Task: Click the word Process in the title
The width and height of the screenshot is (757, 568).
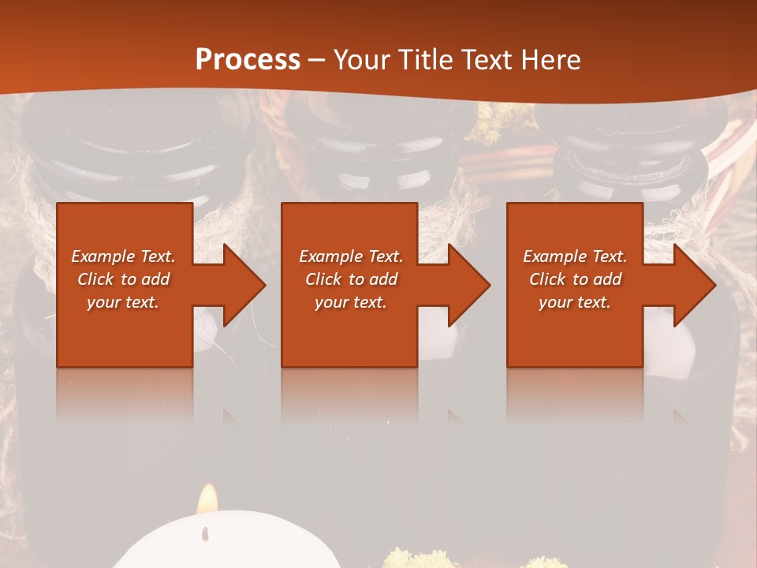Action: (248, 59)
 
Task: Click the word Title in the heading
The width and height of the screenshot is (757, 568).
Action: (423, 59)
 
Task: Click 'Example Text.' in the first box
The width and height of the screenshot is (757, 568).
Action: (124, 256)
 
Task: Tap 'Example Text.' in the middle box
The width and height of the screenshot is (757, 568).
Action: (351, 256)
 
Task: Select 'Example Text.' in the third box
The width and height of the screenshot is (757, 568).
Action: (575, 256)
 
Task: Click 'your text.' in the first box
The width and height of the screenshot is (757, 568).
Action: (123, 302)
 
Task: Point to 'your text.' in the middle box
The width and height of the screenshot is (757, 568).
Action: (351, 302)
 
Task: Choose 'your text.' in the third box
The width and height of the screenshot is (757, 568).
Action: (575, 302)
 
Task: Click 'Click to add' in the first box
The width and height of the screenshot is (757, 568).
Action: (124, 279)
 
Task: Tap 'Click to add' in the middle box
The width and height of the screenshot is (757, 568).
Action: (351, 279)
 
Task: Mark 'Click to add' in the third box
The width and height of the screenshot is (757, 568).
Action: (575, 279)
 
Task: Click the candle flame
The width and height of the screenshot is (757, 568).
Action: (207, 500)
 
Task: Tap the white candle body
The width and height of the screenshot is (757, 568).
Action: (229, 548)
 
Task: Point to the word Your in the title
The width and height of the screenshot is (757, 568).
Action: (362, 59)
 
